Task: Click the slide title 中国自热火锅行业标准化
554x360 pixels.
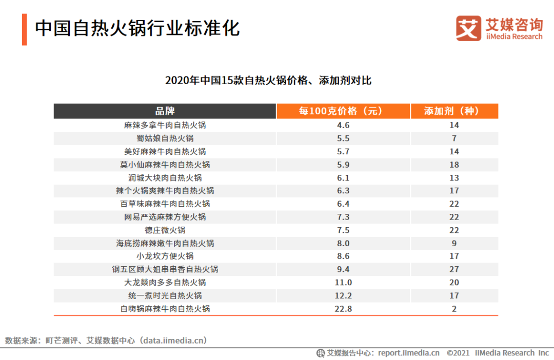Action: pyautogui.click(x=137, y=29)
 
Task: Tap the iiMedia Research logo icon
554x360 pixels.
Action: pyautogui.click(x=468, y=29)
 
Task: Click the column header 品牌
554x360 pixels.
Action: pyautogui.click(x=165, y=111)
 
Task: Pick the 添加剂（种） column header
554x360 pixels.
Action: pyautogui.click(x=454, y=111)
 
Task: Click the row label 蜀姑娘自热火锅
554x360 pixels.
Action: pyautogui.click(x=165, y=138)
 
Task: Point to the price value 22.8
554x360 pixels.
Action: pyautogui.click(x=343, y=309)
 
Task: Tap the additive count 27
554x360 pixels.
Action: pyautogui.click(x=454, y=269)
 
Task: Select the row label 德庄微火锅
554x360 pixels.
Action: pyautogui.click(x=165, y=230)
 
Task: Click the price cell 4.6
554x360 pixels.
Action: pyautogui.click(x=343, y=125)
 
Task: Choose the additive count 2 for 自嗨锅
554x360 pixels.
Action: pyautogui.click(x=454, y=309)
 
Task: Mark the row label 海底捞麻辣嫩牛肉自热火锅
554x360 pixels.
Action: pyautogui.click(x=165, y=243)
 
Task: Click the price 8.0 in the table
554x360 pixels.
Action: pyautogui.click(x=343, y=243)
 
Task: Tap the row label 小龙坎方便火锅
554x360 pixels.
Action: pyautogui.click(x=165, y=256)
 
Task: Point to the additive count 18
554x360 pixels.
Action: pyautogui.click(x=454, y=165)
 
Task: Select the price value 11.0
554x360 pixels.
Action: pyautogui.click(x=343, y=283)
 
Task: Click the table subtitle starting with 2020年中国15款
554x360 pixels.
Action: pyautogui.click(x=268, y=81)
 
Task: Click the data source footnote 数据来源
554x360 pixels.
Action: pyautogui.click(x=106, y=341)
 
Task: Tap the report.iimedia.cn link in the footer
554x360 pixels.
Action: pyautogui.click(x=408, y=353)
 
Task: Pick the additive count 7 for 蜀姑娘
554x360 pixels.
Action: pyautogui.click(x=454, y=138)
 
